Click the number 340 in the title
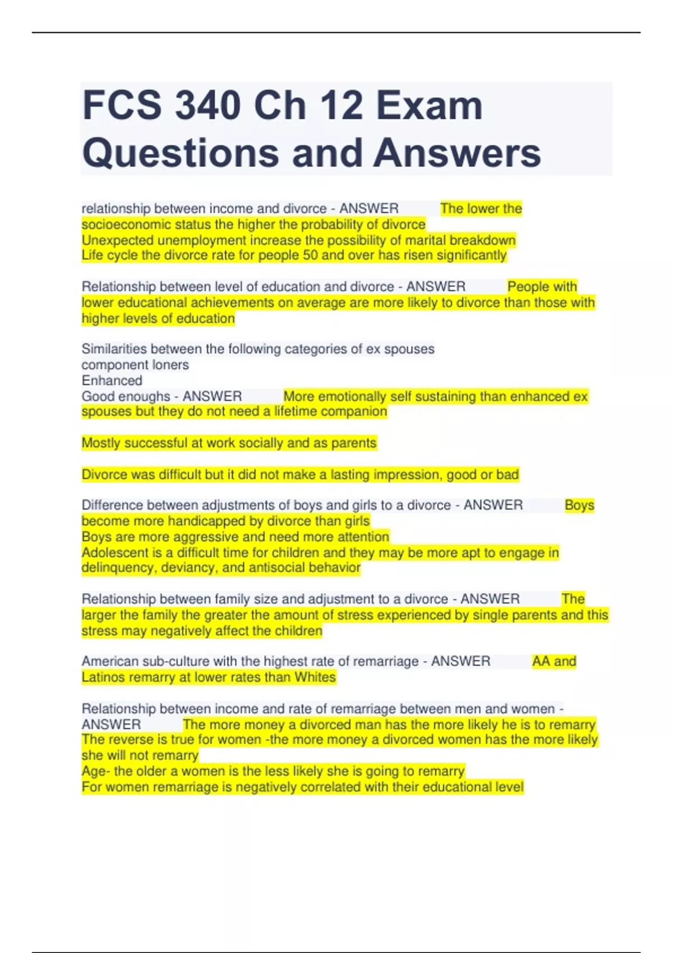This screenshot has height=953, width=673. (x=208, y=105)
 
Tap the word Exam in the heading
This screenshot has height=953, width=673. (x=429, y=105)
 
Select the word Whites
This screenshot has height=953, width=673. (x=315, y=677)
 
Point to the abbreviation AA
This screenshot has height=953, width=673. (x=541, y=661)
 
